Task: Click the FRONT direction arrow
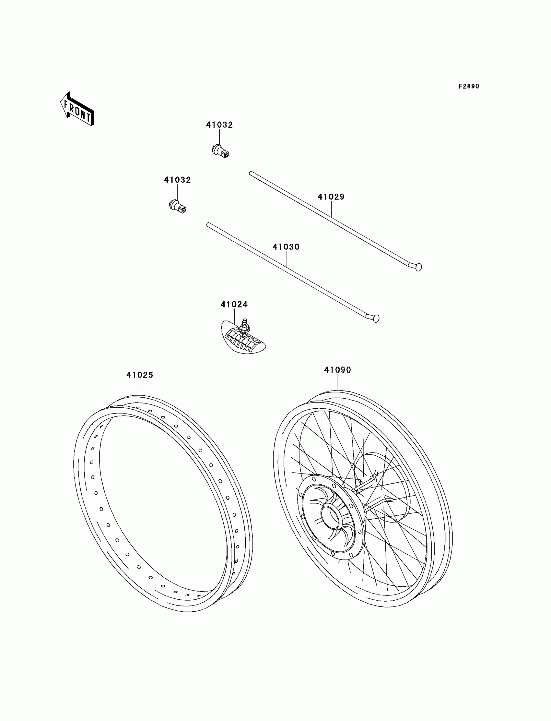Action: coord(77,109)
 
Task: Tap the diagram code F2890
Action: coord(469,86)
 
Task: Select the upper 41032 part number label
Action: coord(219,125)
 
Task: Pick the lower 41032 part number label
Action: coord(177,180)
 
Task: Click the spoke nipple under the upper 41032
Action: coord(220,150)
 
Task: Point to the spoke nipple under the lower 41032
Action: coord(178,206)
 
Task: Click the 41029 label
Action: coord(331,197)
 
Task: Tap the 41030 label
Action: coord(286,247)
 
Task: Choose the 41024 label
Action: coord(234,305)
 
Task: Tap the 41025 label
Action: coord(140,375)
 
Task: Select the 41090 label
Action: coord(338,370)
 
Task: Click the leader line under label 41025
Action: coord(140,387)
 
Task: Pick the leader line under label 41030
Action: coord(286,259)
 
